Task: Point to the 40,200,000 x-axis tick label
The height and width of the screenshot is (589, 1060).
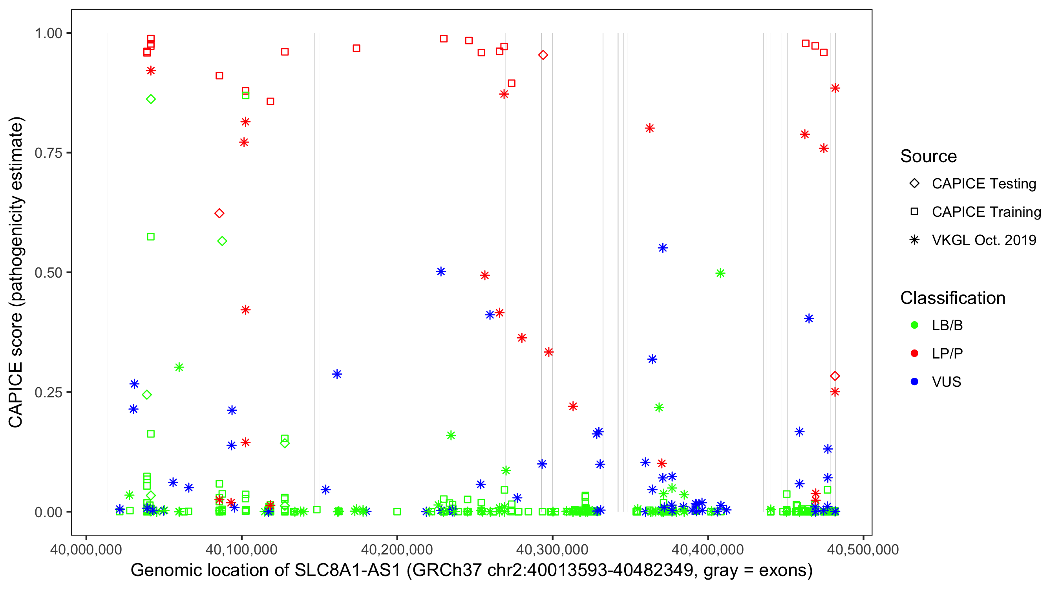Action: [x=397, y=549]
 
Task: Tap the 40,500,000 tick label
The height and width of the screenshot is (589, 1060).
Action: [x=863, y=549]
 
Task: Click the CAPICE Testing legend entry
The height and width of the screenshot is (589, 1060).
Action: [x=983, y=184]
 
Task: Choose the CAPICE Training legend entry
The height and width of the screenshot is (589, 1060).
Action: [x=986, y=212]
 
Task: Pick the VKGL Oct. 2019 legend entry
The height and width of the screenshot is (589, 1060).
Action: [x=983, y=240]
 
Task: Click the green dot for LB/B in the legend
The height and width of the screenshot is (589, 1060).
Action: [x=914, y=325]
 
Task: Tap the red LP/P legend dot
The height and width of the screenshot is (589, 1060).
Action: [x=914, y=353]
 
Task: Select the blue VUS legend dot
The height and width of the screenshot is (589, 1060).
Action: [x=914, y=382]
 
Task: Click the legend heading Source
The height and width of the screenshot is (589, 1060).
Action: [x=928, y=156]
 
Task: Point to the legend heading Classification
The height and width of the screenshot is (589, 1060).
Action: [x=952, y=298]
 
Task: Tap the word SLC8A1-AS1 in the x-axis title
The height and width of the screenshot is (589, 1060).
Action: [x=347, y=571]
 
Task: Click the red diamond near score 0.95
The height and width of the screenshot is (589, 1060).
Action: [x=543, y=55]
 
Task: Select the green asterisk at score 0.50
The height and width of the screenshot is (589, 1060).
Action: [x=720, y=273]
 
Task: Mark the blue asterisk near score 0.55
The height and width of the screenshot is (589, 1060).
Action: [x=663, y=248]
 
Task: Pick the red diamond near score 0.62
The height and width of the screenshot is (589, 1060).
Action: [x=219, y=213]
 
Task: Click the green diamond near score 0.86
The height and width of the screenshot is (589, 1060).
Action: [x=151, y=99]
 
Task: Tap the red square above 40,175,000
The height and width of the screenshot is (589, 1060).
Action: [x=357, y=49]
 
